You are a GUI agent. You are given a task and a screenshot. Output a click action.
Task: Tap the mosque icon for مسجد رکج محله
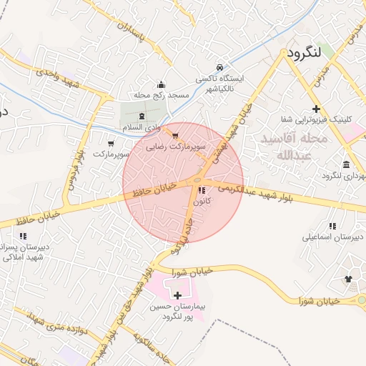(x=160, y=84)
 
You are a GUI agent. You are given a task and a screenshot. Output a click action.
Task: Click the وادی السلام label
(x=137, y=127)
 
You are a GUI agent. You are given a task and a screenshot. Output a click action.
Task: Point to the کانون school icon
(x=202, y=191)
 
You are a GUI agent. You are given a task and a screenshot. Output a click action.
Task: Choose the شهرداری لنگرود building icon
(x=346, y=164)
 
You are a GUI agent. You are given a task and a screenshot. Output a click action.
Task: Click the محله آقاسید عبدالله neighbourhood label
(x=294, y=145)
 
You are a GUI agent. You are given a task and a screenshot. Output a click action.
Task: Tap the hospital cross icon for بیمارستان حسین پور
(x=177, y=295)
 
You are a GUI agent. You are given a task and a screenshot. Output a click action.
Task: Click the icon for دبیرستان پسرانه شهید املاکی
(x=23, y=235)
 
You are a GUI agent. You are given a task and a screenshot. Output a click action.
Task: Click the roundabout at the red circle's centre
(x=197, y=181)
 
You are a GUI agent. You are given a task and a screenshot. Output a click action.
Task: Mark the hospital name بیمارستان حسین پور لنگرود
(x=177, y=311)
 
